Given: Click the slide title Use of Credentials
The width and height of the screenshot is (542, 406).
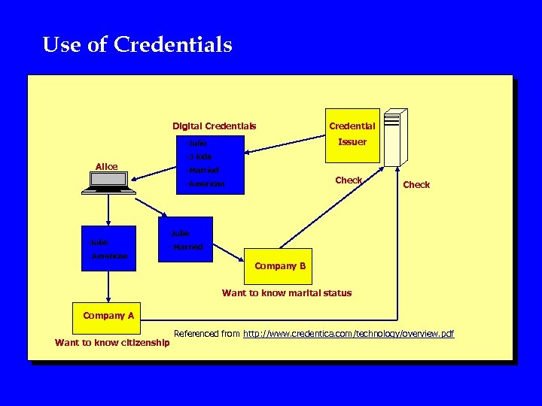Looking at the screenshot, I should click(137, 45).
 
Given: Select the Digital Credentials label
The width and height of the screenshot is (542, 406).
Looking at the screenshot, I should click(214, 126).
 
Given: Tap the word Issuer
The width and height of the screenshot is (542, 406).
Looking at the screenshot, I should click(352, 141).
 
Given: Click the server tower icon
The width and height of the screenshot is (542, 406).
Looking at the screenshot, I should click(394, 138).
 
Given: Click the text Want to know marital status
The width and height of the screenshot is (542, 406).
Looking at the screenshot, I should click(286, 293).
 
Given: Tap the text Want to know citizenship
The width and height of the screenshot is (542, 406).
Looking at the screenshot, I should click(112, 344).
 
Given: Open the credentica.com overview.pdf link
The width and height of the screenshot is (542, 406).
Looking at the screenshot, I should click(349, 333).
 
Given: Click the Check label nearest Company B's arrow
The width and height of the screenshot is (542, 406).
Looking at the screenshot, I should click(349, 180).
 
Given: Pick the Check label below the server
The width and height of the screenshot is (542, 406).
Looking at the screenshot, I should click(416, 184).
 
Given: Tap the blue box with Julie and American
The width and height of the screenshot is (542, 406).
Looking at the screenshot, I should click(108, 248).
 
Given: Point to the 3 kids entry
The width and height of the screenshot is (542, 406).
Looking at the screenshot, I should click(200, 156).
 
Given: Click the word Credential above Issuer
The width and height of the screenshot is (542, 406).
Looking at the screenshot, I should click(352, 126).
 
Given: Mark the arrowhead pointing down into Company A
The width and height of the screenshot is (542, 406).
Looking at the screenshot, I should click(108, 298).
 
